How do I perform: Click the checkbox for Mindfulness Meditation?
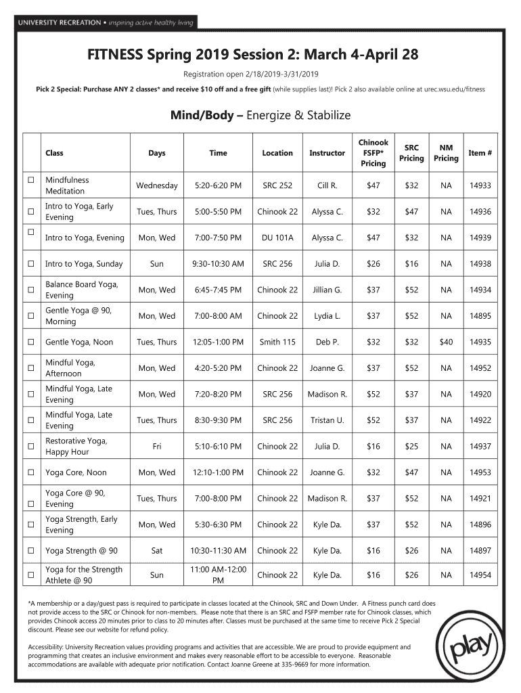pyautogui.click(x=30, y=181)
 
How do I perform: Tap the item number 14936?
pyautogui.click(x=480, y=212)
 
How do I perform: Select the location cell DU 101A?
pyautogui.click(x=277, y=238)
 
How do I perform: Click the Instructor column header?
pyautogui.click(x=327, y=153)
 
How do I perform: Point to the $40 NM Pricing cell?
pyautogui.click(x=446, y=342)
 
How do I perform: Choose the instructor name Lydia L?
pyautogui.click(x=327, y=316)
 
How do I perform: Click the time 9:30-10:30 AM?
pyautogui.click(x=218, y=264)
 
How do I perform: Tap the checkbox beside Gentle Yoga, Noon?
pyautogui.click(x=30, y=342)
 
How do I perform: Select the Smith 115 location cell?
pyautogui.click(x=277, y=342)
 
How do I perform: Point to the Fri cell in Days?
pyautogui.click(x=156, y=447)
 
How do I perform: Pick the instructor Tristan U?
pyautogui.click(x=327, y=420)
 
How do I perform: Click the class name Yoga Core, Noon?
pyautogui.click(x=76, y=472)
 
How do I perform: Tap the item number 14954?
pyautogui.click(x=480, y=575)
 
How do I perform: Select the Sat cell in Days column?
pyautogui.click(x=156, y=551)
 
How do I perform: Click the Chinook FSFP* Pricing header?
pyautogui.click(x=373, y=153)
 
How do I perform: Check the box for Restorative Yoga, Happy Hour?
pyautogui.click(x=30, y=447)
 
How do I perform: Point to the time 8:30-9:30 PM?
pyautogui.click(x=218, y=420)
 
